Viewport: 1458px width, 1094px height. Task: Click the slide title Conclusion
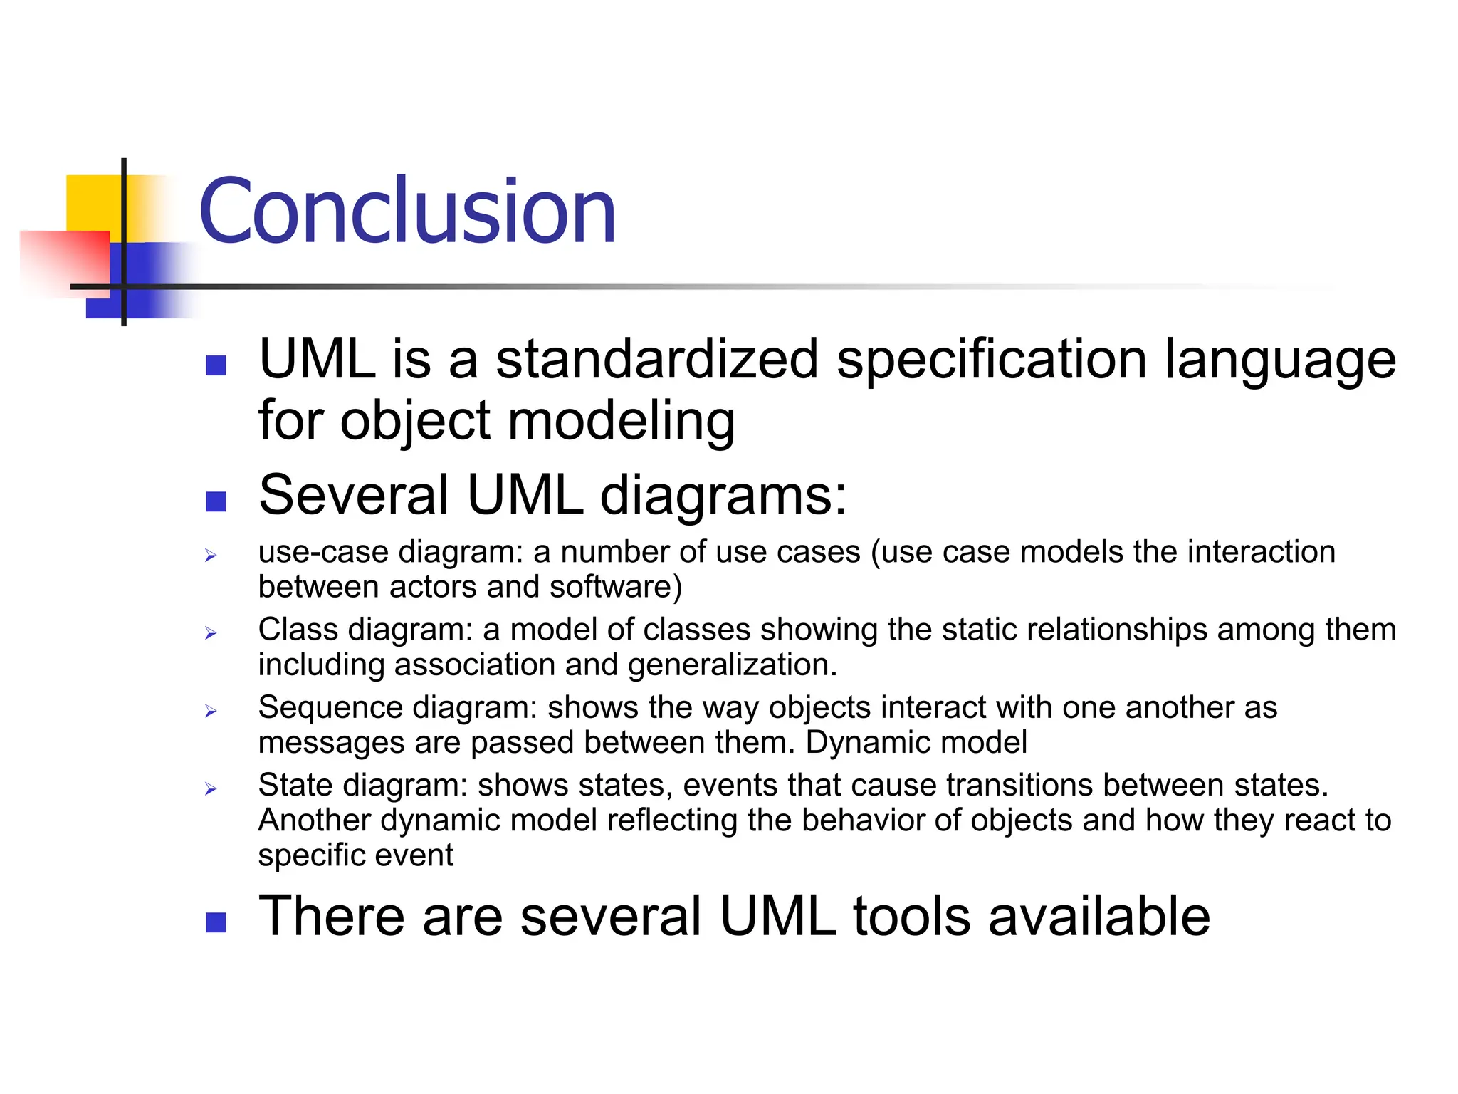tap(407, 212)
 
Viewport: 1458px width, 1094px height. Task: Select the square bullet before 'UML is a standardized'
tap(216, 365)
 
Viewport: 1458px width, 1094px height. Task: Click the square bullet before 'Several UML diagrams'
tap(216, 501)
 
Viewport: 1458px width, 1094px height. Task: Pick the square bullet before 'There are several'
tap(216, 922)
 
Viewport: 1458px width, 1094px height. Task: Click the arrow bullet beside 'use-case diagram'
tap(211, 556)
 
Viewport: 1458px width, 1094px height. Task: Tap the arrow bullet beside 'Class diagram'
tap(211, 633)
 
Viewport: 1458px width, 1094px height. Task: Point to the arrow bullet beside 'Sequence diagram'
tap(211, 711)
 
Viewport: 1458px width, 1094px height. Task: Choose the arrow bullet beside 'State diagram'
tap(211, 788)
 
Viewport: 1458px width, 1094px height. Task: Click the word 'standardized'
tap(657, 359)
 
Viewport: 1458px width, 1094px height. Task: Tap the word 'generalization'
tap(733, 665)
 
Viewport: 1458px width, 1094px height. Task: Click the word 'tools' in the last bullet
tap(912, 916)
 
